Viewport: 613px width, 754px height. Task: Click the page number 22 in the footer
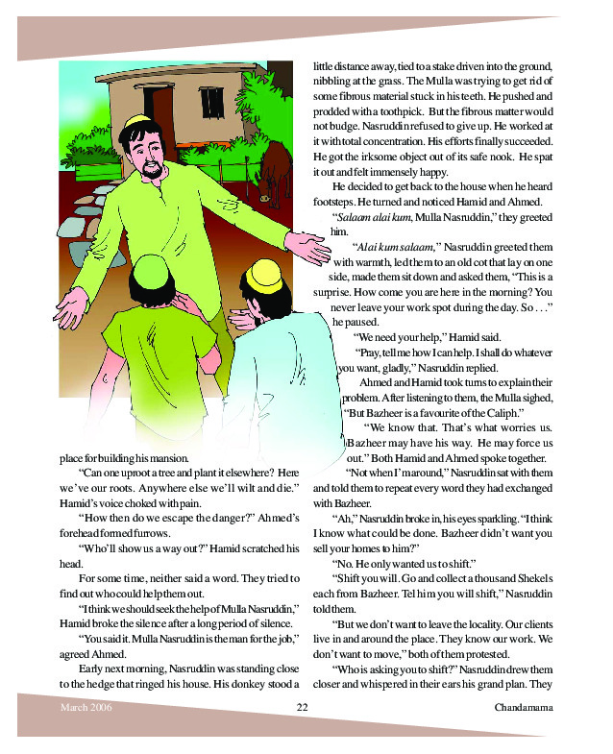tap(301, 708)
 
